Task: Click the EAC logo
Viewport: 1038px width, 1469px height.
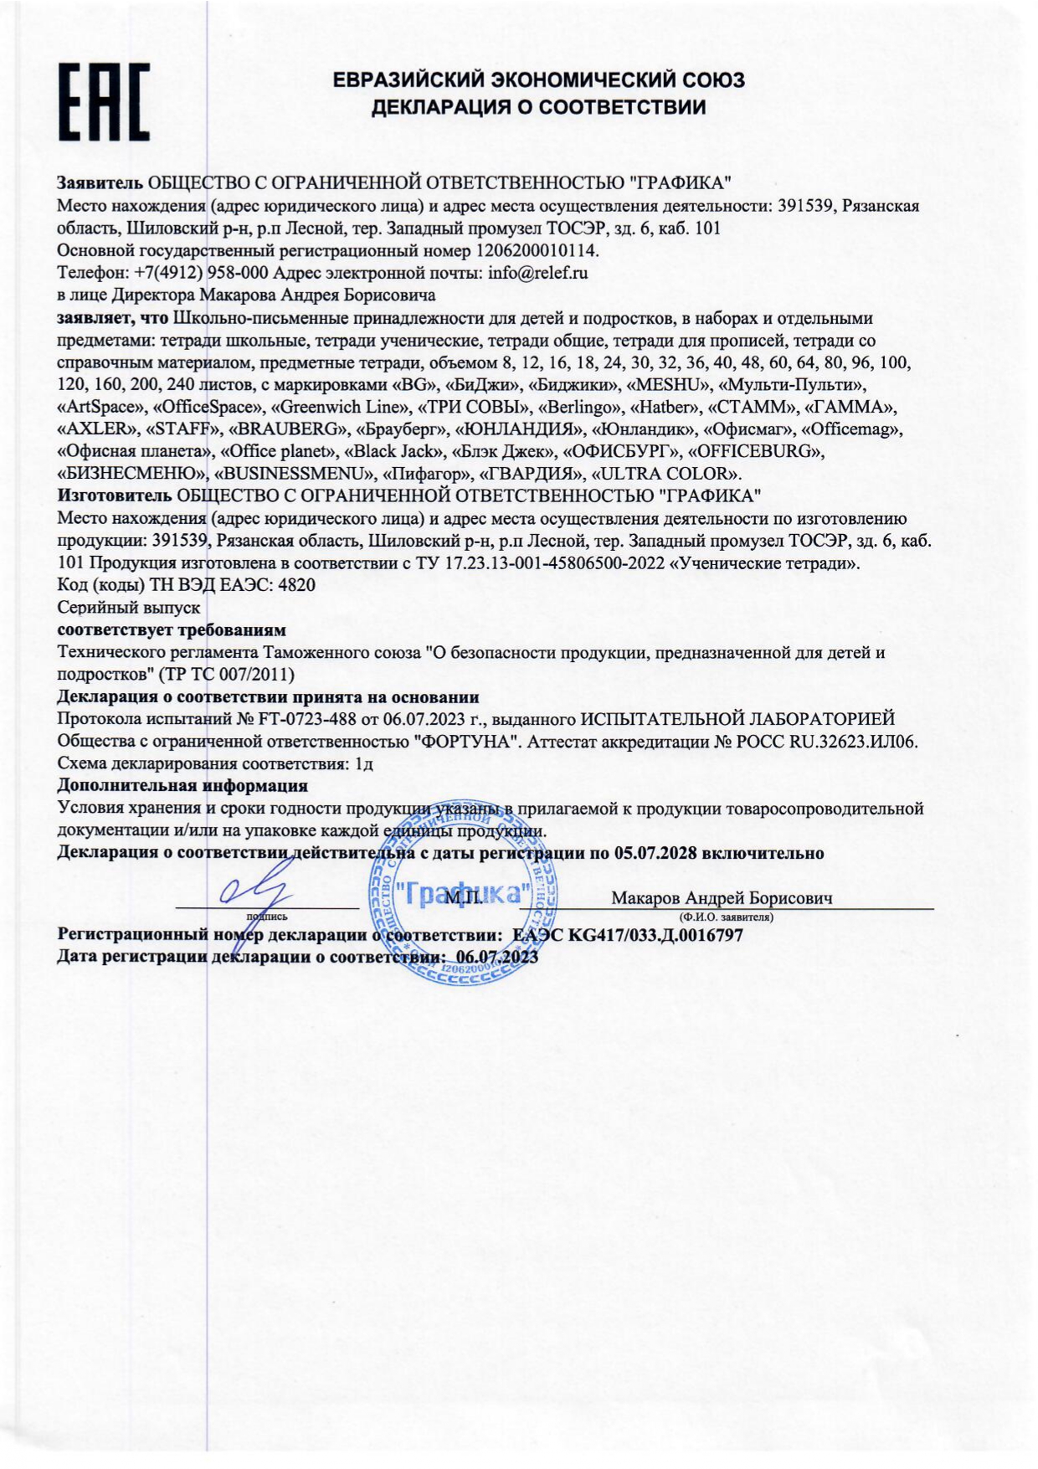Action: [x=104, y=101]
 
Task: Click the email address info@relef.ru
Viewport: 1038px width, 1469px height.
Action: [x=538, y=273]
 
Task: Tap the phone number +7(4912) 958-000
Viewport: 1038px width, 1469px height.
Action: [x=201, y=273]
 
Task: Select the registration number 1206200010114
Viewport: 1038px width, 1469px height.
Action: [x=537, y=250]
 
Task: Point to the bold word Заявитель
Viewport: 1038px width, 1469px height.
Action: [x=100, y=182]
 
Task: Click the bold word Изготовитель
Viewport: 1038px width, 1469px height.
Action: [x=115, y=496]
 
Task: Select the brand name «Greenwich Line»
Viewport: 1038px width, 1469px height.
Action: [x=337, y=407]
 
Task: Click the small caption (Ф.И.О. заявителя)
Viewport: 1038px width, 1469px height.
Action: [x=726, y=917]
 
